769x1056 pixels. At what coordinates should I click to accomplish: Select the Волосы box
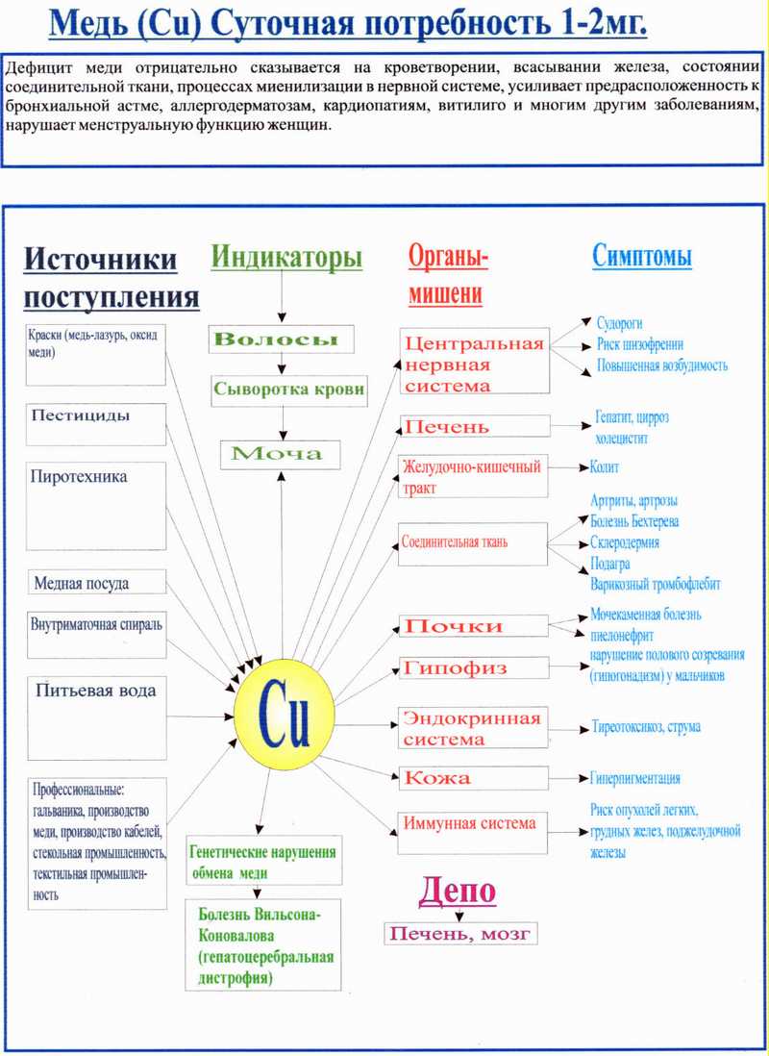[x=281, y=339]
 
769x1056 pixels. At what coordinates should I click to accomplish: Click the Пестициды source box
[x=95, y=423]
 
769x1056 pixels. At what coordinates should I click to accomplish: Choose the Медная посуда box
[x=95, y=583]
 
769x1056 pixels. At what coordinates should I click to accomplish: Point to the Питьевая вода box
[x=95, y=708]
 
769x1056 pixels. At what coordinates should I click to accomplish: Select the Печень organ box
[x=474, y=426]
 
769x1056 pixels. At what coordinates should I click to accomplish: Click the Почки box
[x=474, y=626]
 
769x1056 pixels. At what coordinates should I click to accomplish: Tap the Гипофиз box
[x=474, y=668]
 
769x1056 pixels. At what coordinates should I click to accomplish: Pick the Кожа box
[x=474, y=777]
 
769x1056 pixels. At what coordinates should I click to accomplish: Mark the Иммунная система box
[x=474, y=823]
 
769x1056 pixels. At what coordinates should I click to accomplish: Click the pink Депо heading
[x=457, y=891]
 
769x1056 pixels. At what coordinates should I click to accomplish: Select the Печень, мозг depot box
[x=459, y=933]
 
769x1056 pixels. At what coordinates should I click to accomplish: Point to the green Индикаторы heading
[x=286, y=257]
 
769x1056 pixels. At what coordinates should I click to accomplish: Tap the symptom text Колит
[x=605, y=467]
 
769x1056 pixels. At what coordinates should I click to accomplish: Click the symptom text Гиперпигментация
[x=634, y=778]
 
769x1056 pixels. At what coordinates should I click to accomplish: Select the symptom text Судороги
[x=619, y=324]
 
